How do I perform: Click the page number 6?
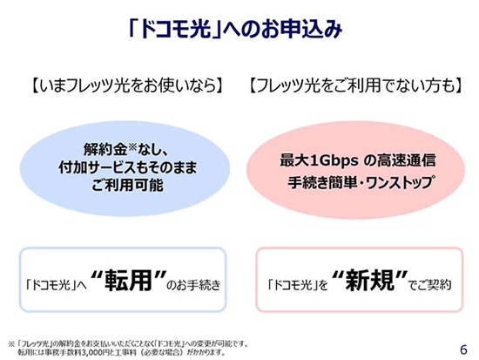coord(463,350)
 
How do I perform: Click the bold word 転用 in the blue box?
coord(129,280)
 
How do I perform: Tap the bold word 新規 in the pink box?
coord(369,280)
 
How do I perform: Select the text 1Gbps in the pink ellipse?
coord(334,161)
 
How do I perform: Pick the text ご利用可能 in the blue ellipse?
coord(127,185)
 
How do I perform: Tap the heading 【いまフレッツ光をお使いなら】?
coord(127,85)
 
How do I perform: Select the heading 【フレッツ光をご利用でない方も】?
coord(355,85)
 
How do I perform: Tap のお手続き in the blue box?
coord(193,285)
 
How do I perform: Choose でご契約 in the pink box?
coord(430,285)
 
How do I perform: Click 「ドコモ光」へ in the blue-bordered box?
coord(57,285)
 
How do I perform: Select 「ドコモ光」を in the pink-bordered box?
coord(298,285)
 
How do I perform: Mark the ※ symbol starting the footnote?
coord(11,344)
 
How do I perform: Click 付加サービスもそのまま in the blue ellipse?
coord(128,167)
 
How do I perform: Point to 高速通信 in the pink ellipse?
coord(406,161)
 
